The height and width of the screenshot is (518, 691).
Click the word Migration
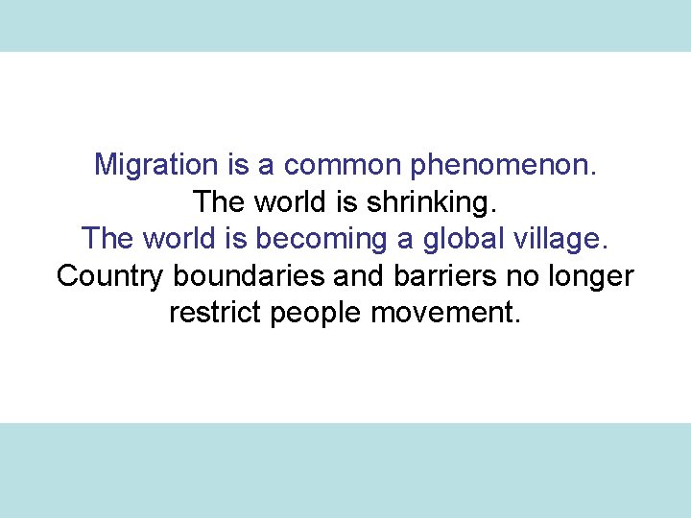pyautogui.click(x=156, y=165)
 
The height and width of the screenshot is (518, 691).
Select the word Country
pyautogui.click(x=110, y=277)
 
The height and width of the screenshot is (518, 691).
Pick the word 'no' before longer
pyautogui.click(x=519, y=277)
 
